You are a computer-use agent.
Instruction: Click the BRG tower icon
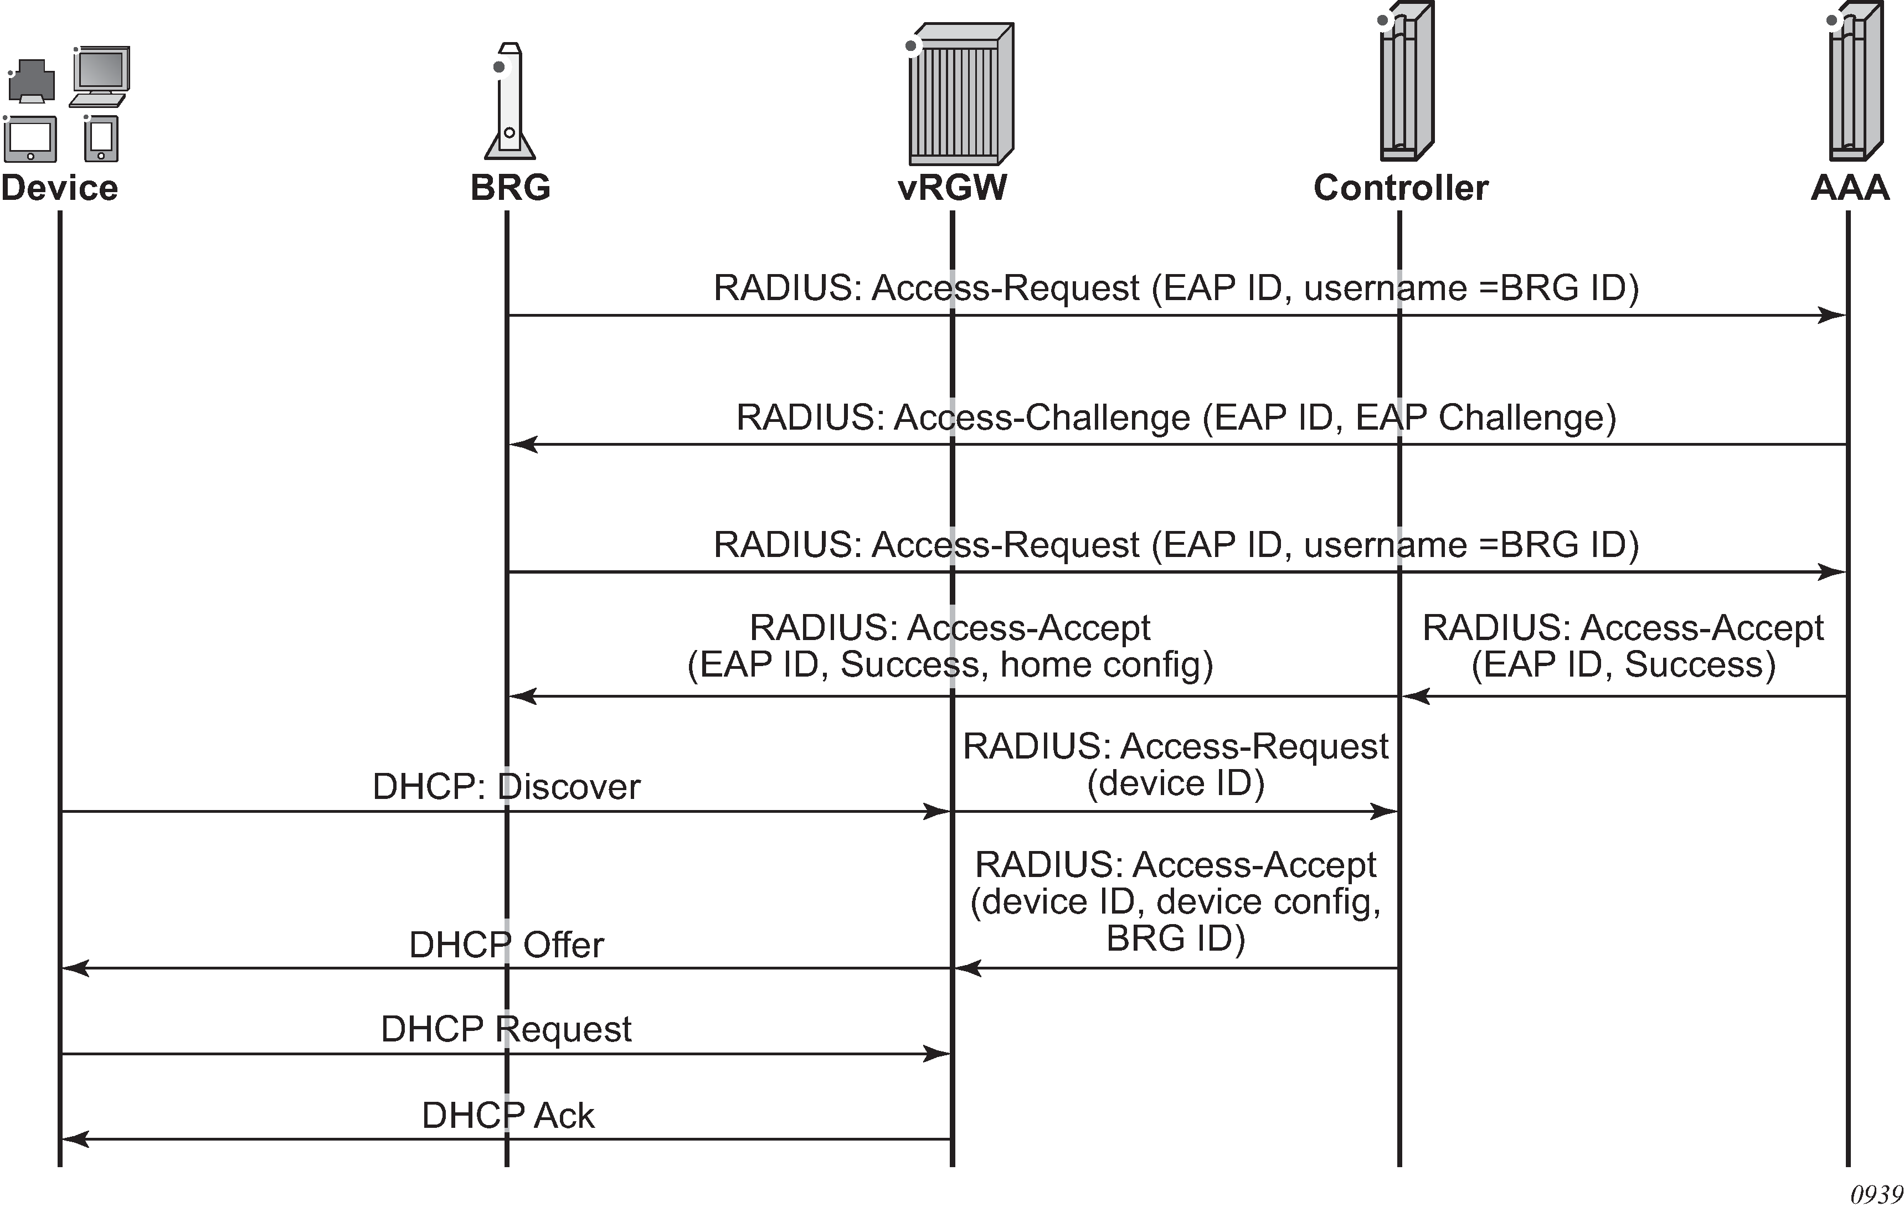tap(510, 101)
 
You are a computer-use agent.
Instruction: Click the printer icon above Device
tap(32, 81)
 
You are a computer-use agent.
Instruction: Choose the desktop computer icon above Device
tap(100, 76)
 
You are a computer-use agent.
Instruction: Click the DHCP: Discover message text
tap(506, 787)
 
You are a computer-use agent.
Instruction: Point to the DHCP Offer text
tap(506, 945)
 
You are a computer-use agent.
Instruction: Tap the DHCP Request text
tap(506, 1029)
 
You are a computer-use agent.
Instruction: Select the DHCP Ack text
tap(508, 1116)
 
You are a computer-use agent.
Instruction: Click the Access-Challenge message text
tap(1176, 417)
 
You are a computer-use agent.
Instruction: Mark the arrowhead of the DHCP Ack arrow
tap(74, 1139)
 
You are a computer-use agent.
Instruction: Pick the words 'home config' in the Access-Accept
tap(1106, 664)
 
